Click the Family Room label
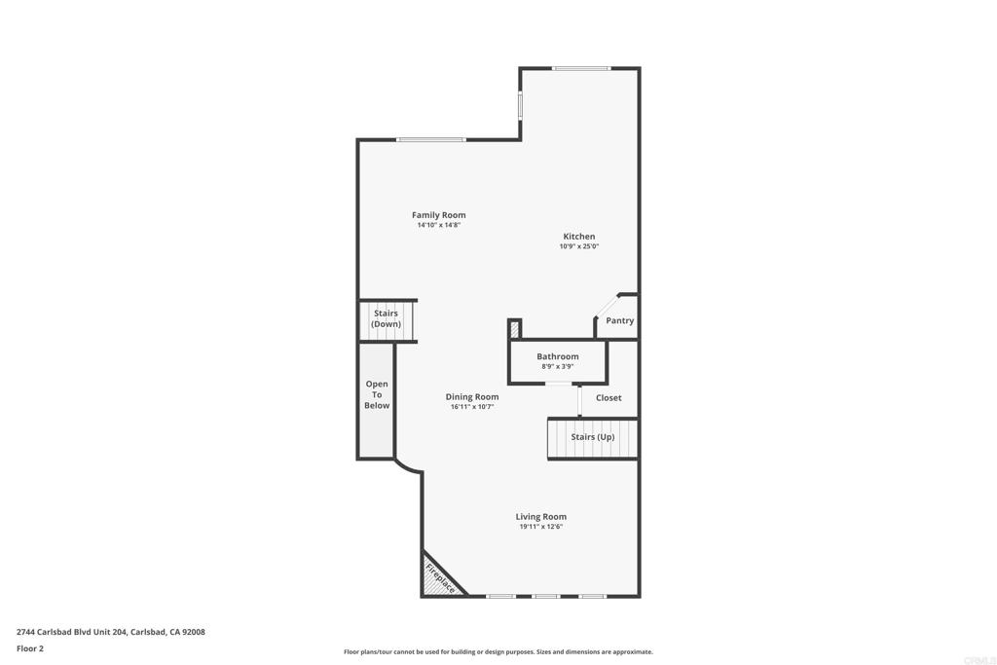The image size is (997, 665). [x=438, y=215]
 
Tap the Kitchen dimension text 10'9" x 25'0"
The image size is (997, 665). [x=578, y=247]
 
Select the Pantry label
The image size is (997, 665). [x=619, y=320]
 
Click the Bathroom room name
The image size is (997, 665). [x=557, y=356]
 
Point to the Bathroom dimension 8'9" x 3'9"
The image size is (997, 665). [x=557, y=367]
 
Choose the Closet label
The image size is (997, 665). [x=609, y=397]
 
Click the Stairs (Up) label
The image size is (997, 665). [x=592, y=437]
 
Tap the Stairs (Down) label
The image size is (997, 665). [x=386, y=319]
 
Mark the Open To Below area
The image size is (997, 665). [x=377, y=394]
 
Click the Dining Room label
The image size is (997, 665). [x=472, y=396]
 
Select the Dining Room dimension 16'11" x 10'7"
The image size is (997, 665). [x=472, y=407]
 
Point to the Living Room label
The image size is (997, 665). [x=540, y=517]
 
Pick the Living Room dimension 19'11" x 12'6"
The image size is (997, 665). [x=540, y=527]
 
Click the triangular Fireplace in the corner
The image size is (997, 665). [x=437, y=580]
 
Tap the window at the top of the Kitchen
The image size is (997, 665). [x=581, y=68]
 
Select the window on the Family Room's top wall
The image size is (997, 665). [x=430, y=140]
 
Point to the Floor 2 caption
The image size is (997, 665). [x=30, y=648]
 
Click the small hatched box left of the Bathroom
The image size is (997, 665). [x=515, y=329]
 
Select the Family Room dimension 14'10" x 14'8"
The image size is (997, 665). [x=438, y=226]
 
